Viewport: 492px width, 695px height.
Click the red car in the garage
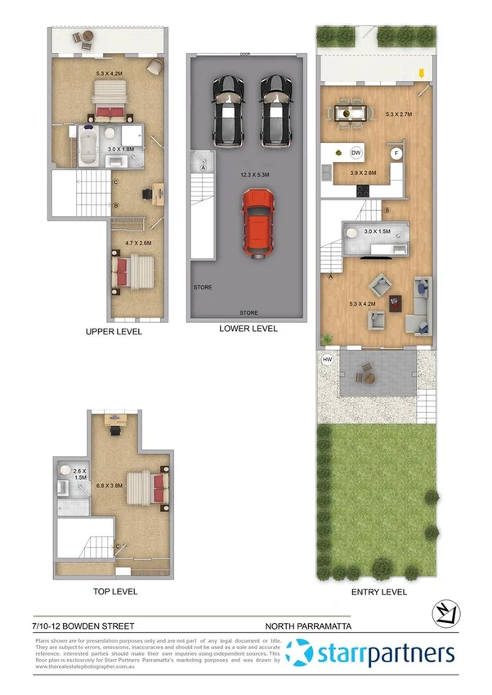[257, 222]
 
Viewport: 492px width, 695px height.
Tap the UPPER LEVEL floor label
[114, 332]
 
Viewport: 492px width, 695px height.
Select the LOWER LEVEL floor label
[248, 329]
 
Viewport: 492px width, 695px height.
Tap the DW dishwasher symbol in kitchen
[356, 153]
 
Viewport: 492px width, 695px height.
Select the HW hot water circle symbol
[327, 360]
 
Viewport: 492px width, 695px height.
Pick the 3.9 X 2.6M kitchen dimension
[363, 173]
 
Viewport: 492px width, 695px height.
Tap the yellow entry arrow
[421, 74]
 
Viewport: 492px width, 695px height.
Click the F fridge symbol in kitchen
[396, 153]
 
